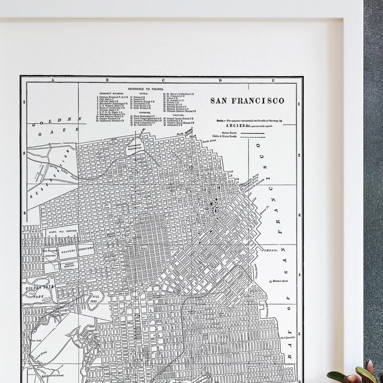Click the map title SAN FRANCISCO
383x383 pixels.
[x=247, y=101]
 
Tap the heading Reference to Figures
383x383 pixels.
[x=146, y=89]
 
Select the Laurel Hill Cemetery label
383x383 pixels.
[x=62, y=232]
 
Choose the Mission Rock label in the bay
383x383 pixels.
[x=279, y=280]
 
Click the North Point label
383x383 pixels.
[x=209, y=141]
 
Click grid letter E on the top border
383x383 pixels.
[x=273, y=81]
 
